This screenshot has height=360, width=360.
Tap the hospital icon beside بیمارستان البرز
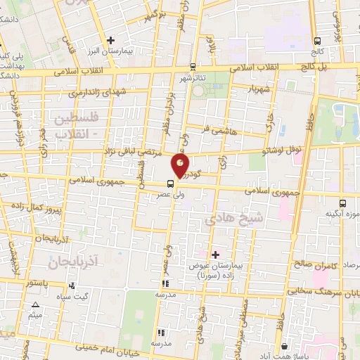110,40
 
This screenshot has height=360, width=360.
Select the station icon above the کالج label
317,40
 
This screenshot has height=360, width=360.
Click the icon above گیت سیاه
72,286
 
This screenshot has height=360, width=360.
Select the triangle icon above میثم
35,304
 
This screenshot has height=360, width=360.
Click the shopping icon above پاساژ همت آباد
283,347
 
